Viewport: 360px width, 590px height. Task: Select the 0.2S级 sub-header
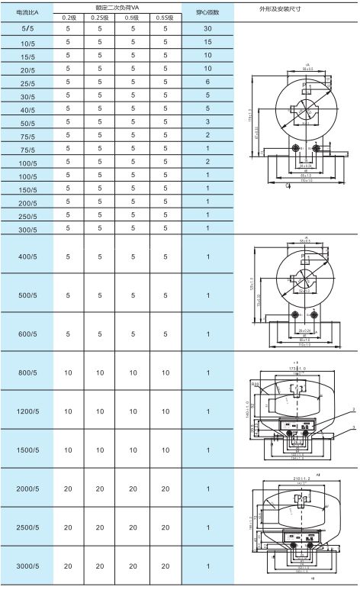point(99,17)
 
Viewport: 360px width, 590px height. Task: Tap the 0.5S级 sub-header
point(165,17)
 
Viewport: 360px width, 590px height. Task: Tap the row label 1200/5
point(27,411)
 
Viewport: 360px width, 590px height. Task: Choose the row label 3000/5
point(27,567)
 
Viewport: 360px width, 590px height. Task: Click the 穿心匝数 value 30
point(207,28)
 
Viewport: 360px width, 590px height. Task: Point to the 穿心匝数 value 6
point(207,82)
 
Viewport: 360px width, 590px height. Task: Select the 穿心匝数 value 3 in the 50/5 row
point(207,121)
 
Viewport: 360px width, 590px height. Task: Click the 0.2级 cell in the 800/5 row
point(69,372)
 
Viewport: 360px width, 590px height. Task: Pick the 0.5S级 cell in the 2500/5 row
point(165,527)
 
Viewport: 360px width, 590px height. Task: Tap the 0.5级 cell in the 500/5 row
point(132,294)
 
